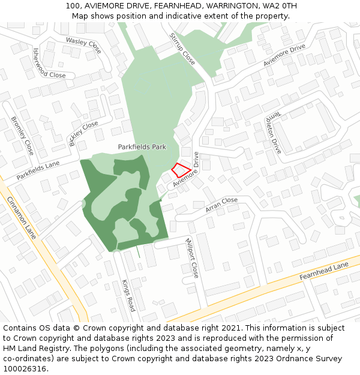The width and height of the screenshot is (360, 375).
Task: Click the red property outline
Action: [181, 170]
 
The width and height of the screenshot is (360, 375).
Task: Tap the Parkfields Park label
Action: [142, 146]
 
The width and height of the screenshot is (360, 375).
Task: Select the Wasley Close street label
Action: [84, 43]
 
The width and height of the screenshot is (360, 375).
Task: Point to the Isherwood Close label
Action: [49, 63]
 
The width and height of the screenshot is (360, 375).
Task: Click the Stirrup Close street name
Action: [182, 49]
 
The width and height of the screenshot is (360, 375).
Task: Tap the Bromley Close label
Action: [23, 136]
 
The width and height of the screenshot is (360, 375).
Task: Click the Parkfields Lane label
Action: [38, 171]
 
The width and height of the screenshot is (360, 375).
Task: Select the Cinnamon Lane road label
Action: [22, 217]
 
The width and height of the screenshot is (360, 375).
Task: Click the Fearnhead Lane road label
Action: [323, 271]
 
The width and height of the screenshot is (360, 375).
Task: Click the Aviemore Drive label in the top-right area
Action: [284, 55]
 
